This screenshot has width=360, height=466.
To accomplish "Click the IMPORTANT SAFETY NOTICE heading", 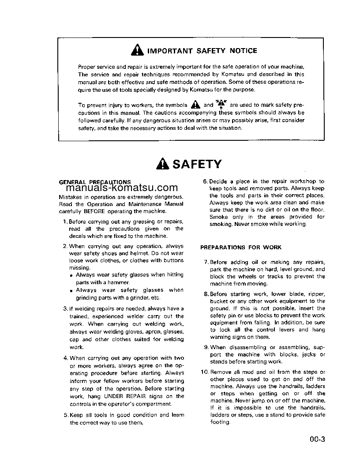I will (x=202, y=51).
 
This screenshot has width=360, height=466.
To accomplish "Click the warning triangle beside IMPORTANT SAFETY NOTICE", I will (x=137, y=51).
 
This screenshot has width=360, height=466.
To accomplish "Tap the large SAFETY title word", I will (x=196, y=164).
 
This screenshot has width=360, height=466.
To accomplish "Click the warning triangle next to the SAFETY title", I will (x=162, y=164).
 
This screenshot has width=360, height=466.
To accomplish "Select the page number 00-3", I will (x=317, y=439).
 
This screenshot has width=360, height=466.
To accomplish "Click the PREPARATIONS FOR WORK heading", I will (x=241, y=248).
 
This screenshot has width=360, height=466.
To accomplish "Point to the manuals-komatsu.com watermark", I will (x=118, y=188).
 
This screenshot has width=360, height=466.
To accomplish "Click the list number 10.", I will (x=204, y=372).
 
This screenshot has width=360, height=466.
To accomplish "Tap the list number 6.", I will (x=205, y=181).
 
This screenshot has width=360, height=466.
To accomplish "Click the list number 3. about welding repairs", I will (x=65, y=308).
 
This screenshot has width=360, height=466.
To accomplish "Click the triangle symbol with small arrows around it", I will (x=221, y=105).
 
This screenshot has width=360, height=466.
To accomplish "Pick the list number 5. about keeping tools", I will (x=66, y=415).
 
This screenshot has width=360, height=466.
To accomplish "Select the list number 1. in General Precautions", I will (x=65, y=222).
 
